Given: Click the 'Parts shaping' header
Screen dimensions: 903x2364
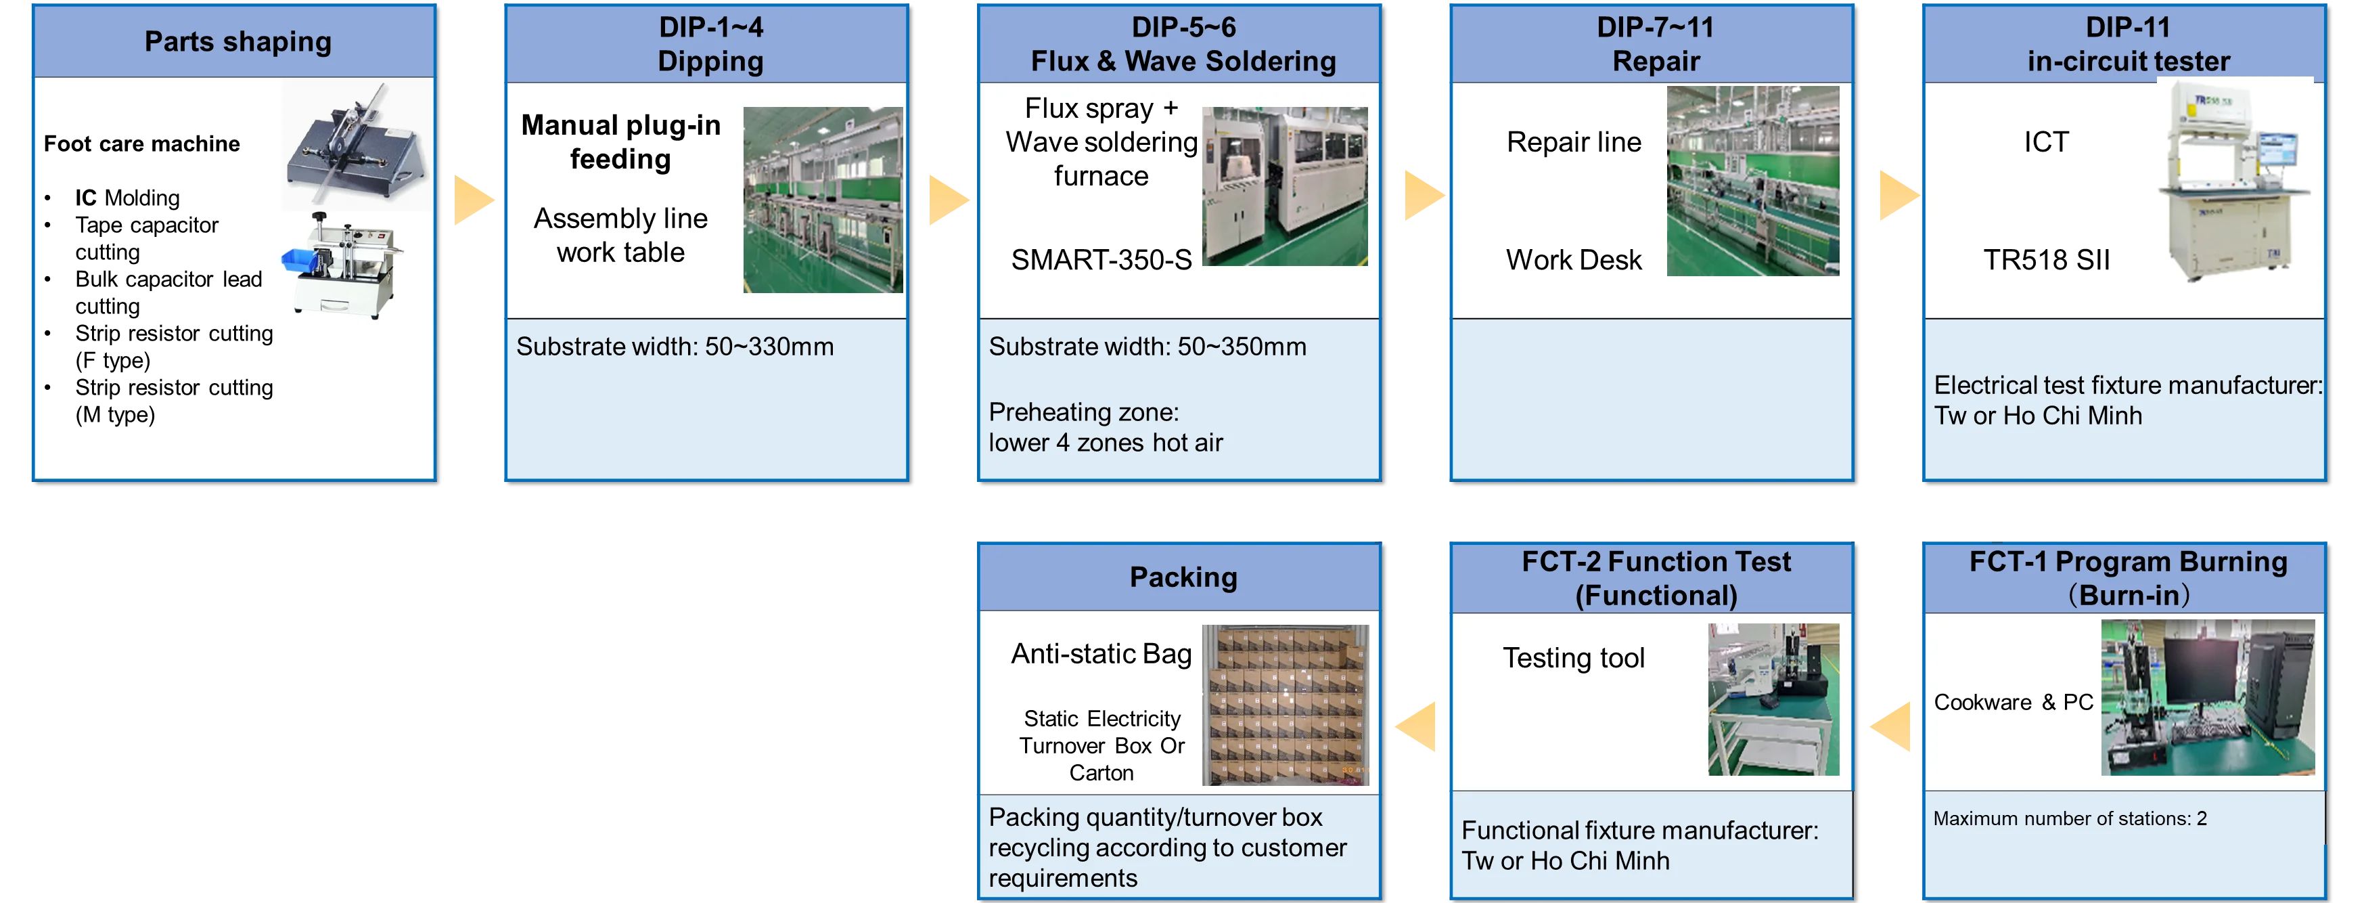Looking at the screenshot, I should click(237, 42).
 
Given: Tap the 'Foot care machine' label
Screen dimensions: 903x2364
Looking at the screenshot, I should click(141, 144).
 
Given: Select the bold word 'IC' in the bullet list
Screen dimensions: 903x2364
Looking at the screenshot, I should click(85, 198).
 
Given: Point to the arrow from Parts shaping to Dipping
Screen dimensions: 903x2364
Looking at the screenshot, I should click(474, 198).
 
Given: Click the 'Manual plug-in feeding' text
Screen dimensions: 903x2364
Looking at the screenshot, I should click(620, 142).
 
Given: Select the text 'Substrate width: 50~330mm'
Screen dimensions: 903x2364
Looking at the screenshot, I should click(675, 347).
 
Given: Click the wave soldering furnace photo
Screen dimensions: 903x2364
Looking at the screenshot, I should click(1285, 186).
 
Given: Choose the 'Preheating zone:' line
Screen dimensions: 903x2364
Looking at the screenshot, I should click(1083, 412).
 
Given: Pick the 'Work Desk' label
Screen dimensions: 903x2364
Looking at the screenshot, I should click(1573, 261).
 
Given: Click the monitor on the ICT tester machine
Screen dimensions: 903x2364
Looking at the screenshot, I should click(2279, 152).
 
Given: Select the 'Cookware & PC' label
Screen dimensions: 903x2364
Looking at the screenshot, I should click(2013, 703).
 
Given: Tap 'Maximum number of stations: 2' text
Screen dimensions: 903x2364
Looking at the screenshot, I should click(2070, 818).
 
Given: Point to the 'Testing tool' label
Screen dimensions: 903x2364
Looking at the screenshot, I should click(1573, 658).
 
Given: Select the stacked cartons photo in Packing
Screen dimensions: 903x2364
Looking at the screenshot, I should click(1285, 705).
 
